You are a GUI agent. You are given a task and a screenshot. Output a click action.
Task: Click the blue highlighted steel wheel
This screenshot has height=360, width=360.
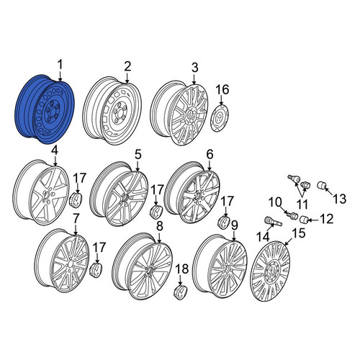tap(45, 110)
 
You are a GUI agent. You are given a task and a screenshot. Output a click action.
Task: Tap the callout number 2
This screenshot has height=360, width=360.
tap(127, 66)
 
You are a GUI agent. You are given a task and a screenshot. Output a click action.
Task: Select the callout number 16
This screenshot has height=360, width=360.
tap(222, 90)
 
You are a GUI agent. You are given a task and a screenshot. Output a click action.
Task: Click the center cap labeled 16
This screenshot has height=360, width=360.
tap(220, 117)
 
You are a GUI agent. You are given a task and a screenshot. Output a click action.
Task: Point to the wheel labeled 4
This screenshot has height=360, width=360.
tap(40, 193)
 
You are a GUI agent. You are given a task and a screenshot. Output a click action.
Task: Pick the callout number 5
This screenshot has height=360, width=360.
tap(138, 155)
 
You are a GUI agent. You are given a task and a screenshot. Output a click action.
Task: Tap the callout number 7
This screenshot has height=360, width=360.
tap(76, 220)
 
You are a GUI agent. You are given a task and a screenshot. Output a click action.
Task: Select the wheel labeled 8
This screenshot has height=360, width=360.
tap(143, 266)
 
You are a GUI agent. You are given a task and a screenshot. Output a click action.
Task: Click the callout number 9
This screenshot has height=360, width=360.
tap(234, 226)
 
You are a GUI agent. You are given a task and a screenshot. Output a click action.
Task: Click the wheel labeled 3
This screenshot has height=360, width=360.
tap(179, 113)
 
